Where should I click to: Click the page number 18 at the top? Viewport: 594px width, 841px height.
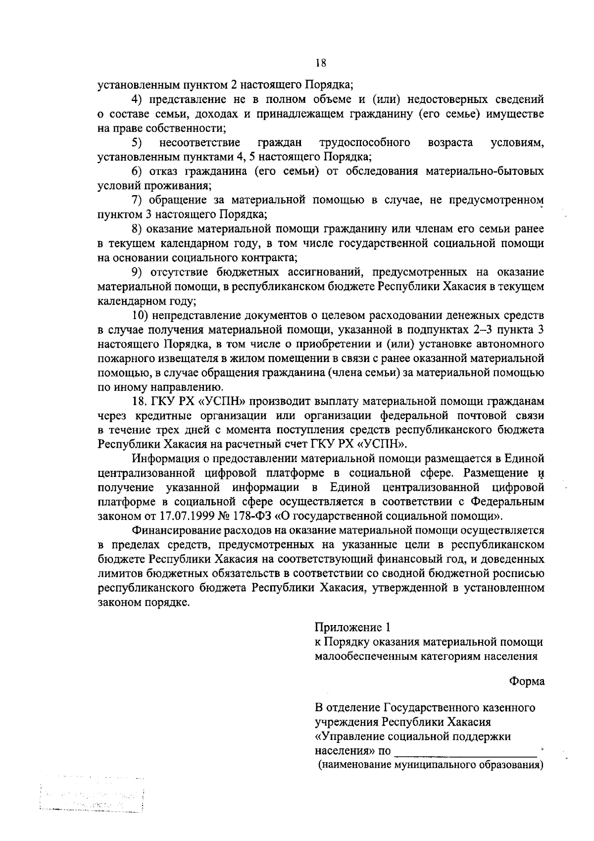pyautogui.click(x=320, y=63)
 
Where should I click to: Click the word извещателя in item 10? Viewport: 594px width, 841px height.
pyautogui.click(x=186, y=359)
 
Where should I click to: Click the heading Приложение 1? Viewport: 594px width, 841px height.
pyautogui.click(x=353, y=628)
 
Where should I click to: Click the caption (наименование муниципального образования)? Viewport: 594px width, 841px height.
pyautogui.click(x=430, y=765)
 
